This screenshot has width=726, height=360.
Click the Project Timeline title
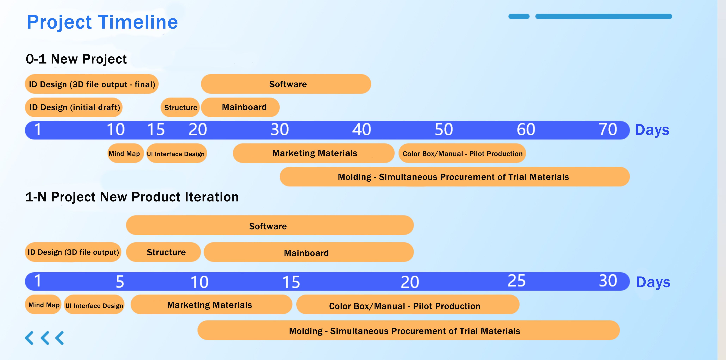(x=102, y=22)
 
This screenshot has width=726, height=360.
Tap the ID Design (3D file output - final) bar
(x=92, y=84)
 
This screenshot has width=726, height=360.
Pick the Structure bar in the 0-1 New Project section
(x=180, y=107)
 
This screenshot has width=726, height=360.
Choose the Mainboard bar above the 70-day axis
(x=240, y=107)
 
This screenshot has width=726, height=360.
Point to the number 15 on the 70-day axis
(x=156, y=130)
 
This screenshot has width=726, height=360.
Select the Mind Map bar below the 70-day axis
(x=126, y=153)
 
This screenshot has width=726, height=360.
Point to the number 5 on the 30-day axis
(x=120, y=282)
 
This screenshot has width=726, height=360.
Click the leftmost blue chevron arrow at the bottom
(x=29, y=338)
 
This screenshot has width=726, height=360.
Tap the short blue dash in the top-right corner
(x=519, y=16)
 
